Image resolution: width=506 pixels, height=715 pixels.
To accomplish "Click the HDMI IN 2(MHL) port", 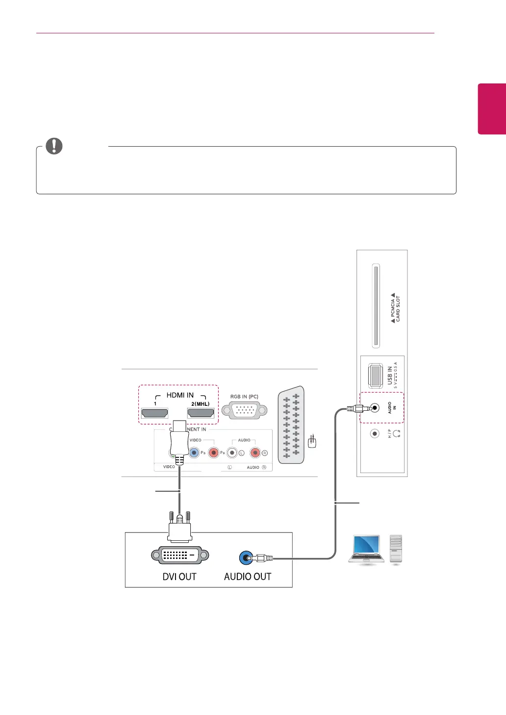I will click(x=201, y=414).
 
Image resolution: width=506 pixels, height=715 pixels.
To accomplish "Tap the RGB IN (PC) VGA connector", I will click(x=244, y=410).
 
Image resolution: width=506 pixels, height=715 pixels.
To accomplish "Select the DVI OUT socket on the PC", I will click(x=180, y=556).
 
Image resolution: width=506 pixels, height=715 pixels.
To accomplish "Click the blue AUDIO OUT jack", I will click(x=245, y=558).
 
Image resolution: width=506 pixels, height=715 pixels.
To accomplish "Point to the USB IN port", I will click(x=376, y=375).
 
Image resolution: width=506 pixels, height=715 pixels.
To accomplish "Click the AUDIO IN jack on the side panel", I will click(x=375, y=408).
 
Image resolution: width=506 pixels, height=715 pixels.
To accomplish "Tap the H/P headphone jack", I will click(x=375, y=433).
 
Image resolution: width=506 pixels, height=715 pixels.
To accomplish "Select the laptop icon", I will click(x=366, y=550).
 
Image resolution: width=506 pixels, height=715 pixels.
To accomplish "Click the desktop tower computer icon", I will click(x=396, y=549).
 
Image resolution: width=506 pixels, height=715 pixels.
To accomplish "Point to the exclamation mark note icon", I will click(x=54, y=146).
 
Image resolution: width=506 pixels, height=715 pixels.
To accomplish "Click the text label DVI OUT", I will click(x=179, y=577).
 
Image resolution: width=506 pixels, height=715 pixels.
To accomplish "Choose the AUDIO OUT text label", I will click(x=248, y=577).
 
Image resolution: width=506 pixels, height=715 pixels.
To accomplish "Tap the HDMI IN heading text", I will click(x=180, y=395).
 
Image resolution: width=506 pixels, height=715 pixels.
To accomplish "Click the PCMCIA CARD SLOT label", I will click(x=395, y=308).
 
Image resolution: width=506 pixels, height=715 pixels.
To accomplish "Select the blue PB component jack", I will click(x=194, y=452).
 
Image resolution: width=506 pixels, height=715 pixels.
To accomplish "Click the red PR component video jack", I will click(x=213, y=452).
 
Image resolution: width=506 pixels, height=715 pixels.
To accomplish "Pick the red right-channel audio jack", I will click(x=255, y=452).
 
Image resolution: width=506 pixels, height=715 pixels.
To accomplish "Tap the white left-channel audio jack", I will click(x=232, y=452).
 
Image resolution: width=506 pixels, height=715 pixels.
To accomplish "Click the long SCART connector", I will click(x=291, y=425).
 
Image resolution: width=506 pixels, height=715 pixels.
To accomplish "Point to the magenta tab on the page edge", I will click(x=492, y=108).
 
